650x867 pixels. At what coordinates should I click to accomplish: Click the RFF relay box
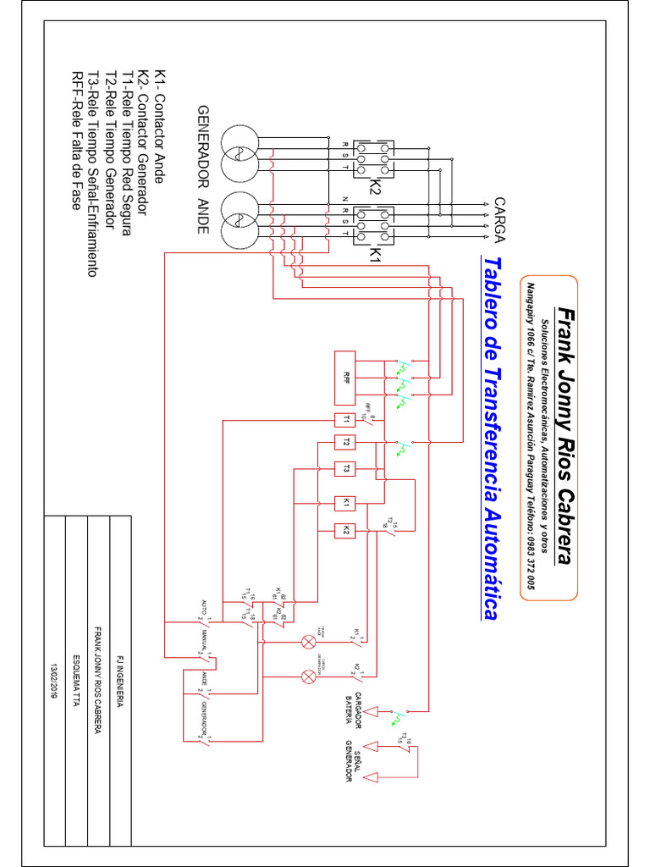(x=346, y=377)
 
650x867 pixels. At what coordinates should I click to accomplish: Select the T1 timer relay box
(x=346, y=420)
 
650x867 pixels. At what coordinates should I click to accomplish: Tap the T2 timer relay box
(x=346, y=442)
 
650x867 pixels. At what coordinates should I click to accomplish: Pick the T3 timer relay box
(x=346, y=467)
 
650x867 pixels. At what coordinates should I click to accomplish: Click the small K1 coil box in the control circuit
(x=346, y=502)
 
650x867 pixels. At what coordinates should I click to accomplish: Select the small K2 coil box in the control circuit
(x=346, y=530)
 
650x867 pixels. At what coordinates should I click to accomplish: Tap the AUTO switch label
(x=203, y=606)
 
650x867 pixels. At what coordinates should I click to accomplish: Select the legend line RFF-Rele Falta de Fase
(x=76, y=140)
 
